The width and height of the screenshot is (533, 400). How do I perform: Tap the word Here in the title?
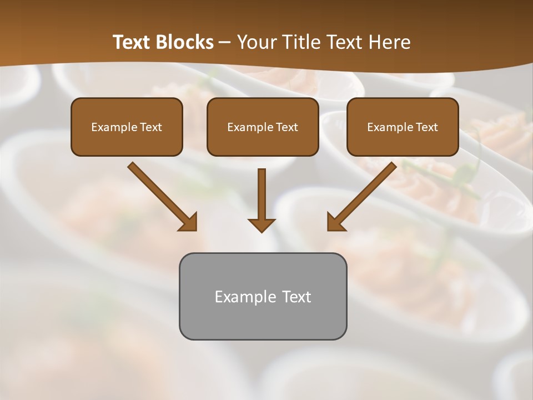click(389, 42)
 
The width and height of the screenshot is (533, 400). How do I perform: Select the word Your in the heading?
click(254, 42)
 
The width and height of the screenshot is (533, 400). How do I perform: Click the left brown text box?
click(127, 127)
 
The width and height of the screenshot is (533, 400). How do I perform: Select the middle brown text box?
click(263, 127)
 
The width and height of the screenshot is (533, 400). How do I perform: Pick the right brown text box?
click(403, 127)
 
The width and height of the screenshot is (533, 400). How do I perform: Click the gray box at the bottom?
click(263, 296)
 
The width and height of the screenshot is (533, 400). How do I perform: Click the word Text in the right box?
click(426, 127)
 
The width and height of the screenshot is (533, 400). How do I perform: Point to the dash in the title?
click(225, 42)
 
